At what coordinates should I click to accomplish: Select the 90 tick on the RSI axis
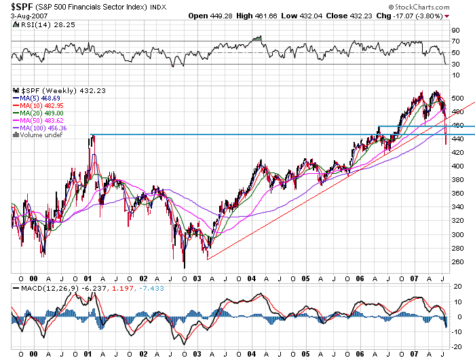click(x=455, y=30)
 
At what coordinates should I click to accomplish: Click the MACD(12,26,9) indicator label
click(x=47, y=289)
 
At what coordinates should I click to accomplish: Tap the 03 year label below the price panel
click(x=197, y=278)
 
